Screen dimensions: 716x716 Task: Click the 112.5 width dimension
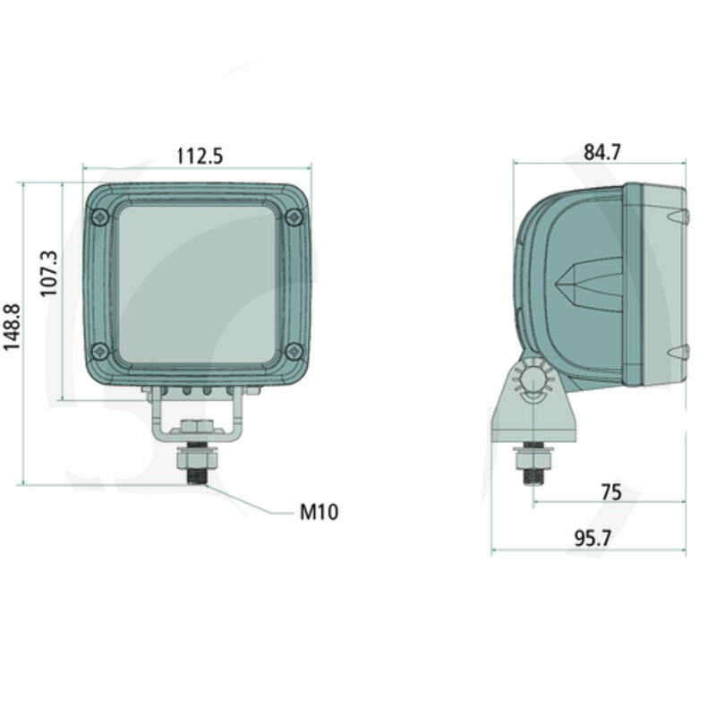200,156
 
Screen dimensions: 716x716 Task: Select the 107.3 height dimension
49,274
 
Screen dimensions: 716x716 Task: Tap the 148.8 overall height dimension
13,327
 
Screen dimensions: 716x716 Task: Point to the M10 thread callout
320,512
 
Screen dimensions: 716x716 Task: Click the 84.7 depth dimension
602,152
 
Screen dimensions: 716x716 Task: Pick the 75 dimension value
611,492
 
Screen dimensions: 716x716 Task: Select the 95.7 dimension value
592,539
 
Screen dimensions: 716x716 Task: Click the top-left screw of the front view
100,217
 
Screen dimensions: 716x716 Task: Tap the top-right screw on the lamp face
294,217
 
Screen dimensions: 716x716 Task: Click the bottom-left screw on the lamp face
99,351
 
